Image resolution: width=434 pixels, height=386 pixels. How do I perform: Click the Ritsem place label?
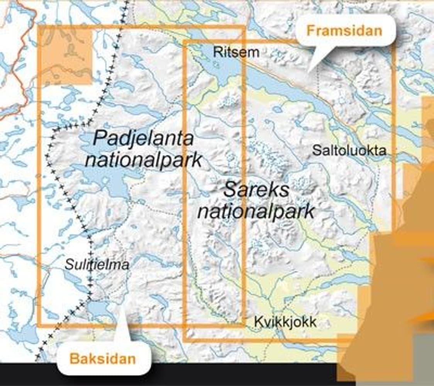coord(236,52)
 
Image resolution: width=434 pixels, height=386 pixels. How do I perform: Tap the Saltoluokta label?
coord(349,150)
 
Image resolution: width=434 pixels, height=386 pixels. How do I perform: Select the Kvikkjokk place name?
coord(285,322)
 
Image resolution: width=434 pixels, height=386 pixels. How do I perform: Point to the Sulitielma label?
coord(97,265)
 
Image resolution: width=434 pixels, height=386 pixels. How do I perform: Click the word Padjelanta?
coord(143,138)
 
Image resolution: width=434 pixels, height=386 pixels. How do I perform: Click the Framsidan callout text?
coord(344,30)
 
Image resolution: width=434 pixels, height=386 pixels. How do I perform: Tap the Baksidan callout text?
coord(103,359)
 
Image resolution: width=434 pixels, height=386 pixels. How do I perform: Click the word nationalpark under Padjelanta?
coord(143,159)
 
